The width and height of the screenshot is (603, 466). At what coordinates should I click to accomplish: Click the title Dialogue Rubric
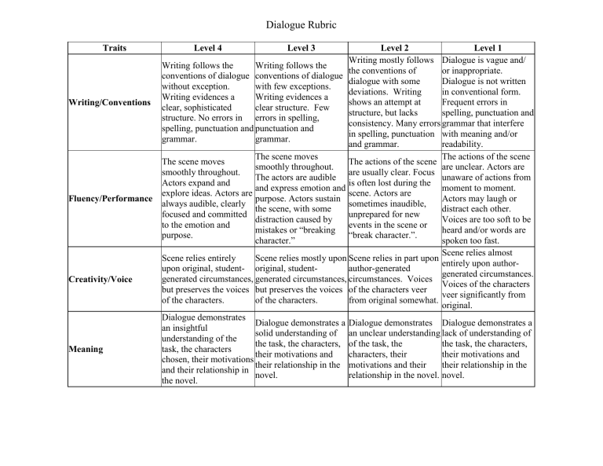pyautogui.click(x=301, y=25)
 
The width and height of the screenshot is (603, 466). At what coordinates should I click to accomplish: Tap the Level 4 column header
pyautogui.click(x=207, y=48)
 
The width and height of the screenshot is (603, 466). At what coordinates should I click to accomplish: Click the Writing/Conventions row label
pyautogui.click(x=109, y=102)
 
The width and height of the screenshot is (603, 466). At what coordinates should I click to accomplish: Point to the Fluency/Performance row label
pyautogui.click(x=110, y=199)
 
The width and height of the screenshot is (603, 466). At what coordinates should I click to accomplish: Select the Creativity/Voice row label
pyautogui.click(x=100, y=278)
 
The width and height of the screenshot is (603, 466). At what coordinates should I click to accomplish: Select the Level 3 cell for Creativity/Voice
pyautogui.click(x=301, y=278)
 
